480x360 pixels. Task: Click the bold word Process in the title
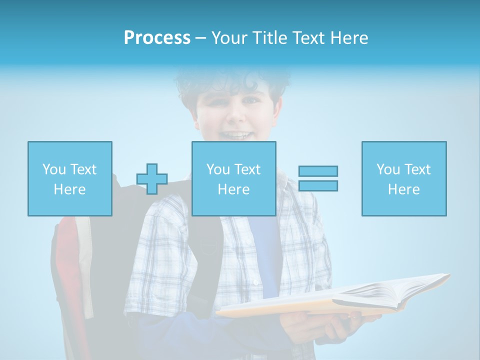pos(157,38)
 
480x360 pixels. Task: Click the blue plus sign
pos(152,179)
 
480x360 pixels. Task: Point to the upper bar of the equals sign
pos(318,171)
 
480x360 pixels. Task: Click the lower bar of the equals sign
pos(318,186)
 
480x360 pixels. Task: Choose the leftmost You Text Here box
pos(69,178)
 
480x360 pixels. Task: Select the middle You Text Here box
pos(233,178)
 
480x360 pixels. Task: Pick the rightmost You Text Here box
pos(403,178)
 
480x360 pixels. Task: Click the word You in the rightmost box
pos(388,169)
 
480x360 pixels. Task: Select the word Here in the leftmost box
pos(69,189)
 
